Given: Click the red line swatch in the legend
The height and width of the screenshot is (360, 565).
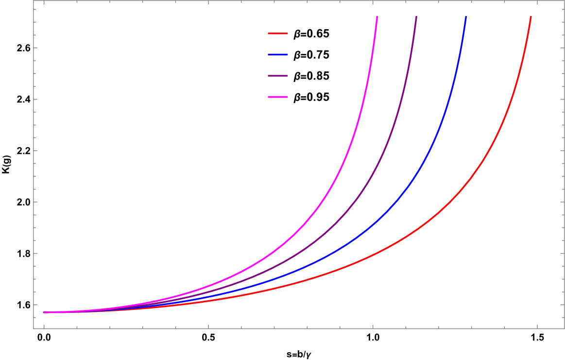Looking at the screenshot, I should click(278, 34).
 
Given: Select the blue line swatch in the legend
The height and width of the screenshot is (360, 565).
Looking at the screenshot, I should click(278, 55).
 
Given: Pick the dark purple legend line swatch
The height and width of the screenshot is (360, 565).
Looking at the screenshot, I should click(278, 76).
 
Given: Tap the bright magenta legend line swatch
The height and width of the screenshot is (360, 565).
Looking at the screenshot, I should click(278, 97).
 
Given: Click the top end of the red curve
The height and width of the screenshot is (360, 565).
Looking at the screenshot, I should click(531, 17).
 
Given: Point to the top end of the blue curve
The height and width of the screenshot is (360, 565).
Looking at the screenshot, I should click(465, 17).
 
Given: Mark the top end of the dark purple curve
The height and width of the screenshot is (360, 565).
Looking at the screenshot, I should click(416, 17).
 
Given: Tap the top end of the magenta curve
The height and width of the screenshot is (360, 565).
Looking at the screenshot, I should click(377, 17).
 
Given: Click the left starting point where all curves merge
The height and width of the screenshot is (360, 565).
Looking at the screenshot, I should click(44, 312).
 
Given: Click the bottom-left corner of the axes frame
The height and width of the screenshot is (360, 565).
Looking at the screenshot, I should click(34, 328).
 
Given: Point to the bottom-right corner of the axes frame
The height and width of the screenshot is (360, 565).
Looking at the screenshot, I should click(564, 328).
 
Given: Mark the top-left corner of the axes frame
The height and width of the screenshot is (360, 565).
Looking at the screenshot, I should click(34, 1).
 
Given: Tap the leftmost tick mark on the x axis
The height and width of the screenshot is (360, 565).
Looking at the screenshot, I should click(44, 327).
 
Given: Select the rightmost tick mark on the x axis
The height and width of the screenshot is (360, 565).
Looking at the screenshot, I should click(537, 326).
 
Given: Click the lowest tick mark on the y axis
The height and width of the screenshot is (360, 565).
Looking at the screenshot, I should click(35, 317).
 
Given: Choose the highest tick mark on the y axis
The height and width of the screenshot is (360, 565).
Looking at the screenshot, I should click(35, 9).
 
